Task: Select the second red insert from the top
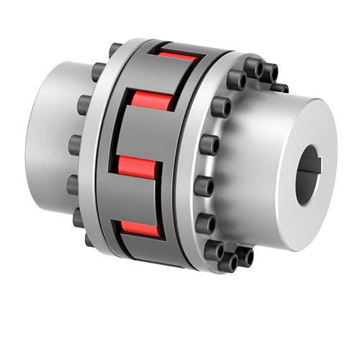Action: pyautogui.click(x=149, y=104)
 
